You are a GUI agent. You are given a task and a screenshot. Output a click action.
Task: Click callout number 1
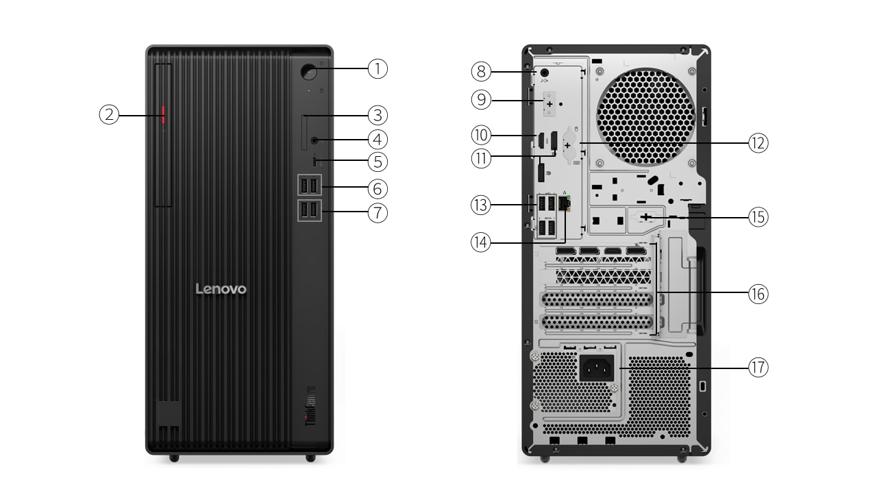(x=378, y=68)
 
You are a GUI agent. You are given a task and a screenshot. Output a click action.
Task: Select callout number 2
(x=109, y=115)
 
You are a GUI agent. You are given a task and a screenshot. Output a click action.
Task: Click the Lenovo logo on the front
(x=221, y=289)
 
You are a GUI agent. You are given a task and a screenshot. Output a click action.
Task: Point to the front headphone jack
(x=315, y=140)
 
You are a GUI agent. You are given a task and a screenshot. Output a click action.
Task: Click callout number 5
(x=378, y=162)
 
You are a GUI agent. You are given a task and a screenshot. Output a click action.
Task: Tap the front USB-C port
(x=315, y=162)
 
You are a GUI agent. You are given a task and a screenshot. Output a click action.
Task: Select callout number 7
(x=378, y=212)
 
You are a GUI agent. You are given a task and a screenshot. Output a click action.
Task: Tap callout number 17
(x=758, y=368)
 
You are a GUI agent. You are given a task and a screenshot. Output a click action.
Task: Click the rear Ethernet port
(x=565, y=203)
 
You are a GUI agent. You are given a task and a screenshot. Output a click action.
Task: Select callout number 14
(x=481, y=242)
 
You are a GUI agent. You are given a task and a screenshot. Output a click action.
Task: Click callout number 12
(x=758, y=143)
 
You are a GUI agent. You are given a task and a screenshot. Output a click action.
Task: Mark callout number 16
(x=758, y=294)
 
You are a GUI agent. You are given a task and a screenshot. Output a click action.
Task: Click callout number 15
(x=758, y=217)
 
